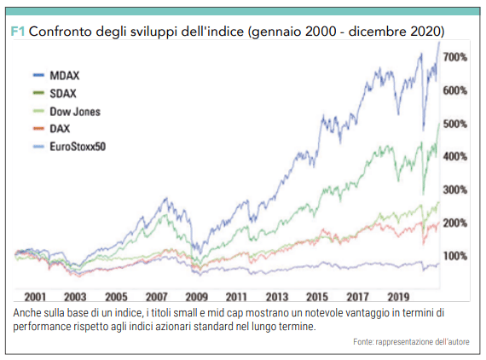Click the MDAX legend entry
(56, 75)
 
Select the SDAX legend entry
(55, 93)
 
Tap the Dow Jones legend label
(75, 112)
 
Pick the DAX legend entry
(51, 128)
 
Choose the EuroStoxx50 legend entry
(69, 147)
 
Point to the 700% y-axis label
(455, 57)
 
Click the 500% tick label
(455, 124)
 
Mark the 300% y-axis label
(455, 189)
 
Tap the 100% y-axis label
(455, 256)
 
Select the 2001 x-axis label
(35, 297)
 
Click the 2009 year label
(196, 297)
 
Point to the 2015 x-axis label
(317, 297)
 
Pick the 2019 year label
(398, 297)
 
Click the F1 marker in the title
(17, 32)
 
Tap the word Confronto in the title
(61, 32)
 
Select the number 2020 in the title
(425, 32)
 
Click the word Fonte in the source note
(362, 342)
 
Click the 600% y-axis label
(455, 90)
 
